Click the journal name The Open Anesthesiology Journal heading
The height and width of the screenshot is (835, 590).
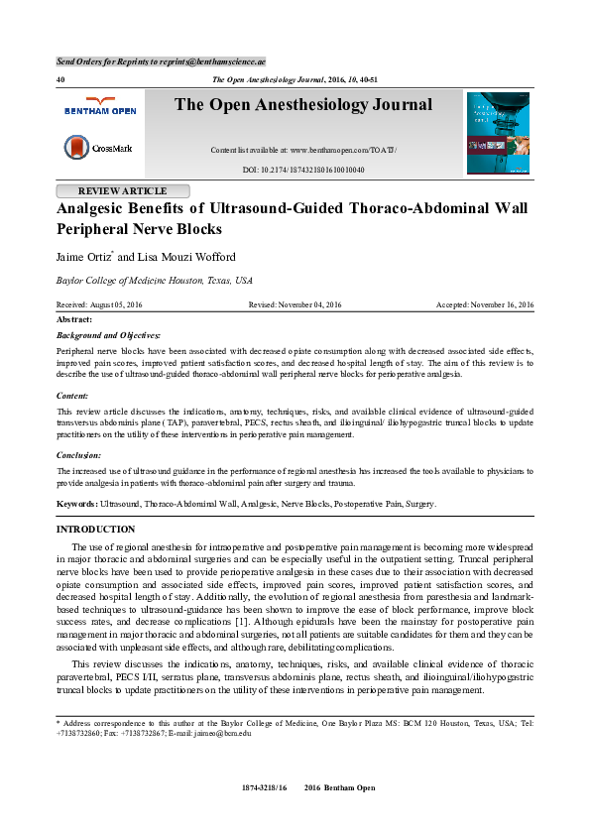click(303, 105)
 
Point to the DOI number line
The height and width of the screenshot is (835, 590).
click(303, 171)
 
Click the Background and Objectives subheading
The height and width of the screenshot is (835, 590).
click(109, 337)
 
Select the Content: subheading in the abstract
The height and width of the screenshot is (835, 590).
click(72, 395)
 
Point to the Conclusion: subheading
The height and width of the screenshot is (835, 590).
click(79, 454)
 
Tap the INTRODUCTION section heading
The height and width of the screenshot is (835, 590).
click(96, 531)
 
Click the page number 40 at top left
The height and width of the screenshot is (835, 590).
click(60, 77)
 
